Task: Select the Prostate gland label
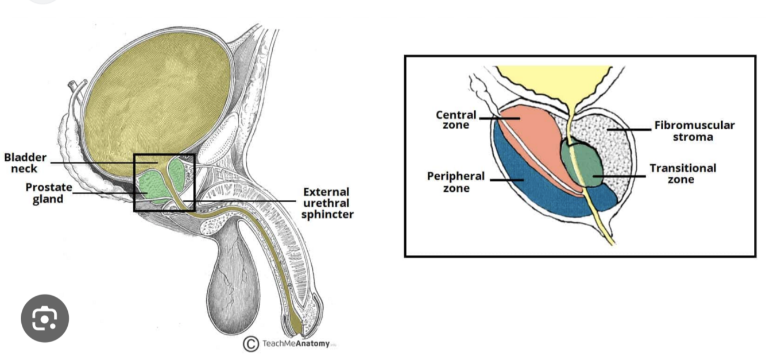48,193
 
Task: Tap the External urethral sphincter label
327,203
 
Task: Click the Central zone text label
455,120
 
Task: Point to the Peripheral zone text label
455,181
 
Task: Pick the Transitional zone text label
682,173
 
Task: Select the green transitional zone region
581,164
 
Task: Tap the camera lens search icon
45,319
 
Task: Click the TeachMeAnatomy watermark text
296,343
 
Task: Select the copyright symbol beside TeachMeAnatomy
250,343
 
